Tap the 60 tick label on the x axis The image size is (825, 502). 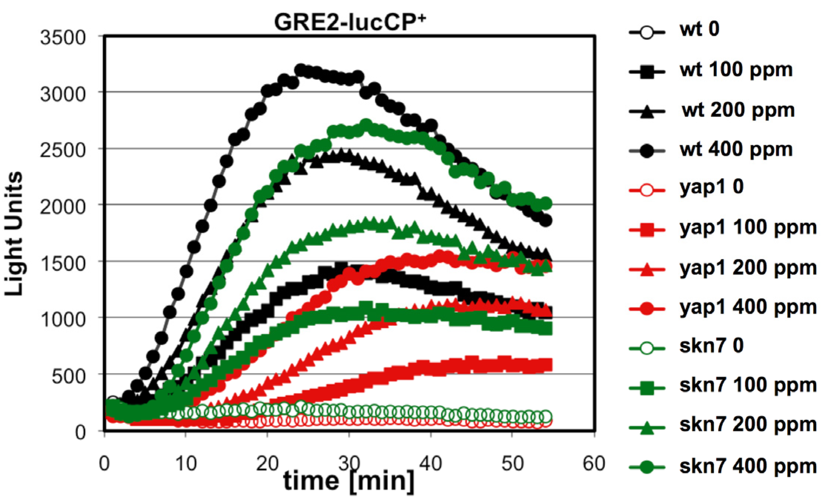coord(594,463)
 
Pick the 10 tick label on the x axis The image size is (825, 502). coord(185,463)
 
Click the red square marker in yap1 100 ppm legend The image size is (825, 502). coord(647,230)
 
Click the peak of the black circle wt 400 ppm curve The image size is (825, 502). coord(300,70)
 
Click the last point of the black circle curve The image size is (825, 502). coord(545,221)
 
